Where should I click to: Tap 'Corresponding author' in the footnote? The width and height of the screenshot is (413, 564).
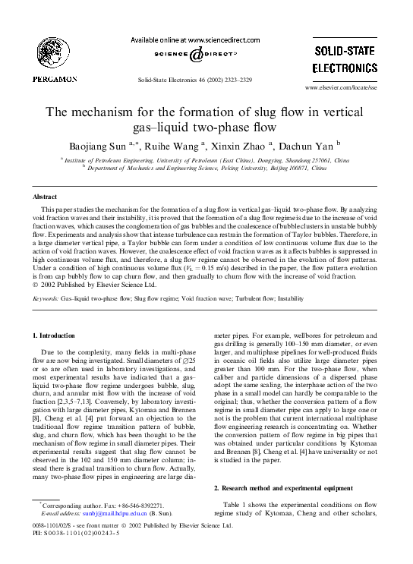(74, 505)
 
